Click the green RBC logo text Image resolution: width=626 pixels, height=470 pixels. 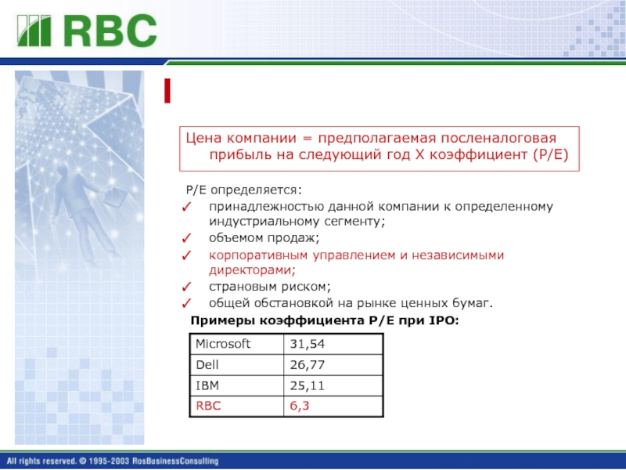[x=110, y=31]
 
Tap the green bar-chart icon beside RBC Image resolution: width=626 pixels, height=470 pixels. [x=34, y=31]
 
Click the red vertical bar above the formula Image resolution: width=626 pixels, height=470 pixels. [x=167, y=91]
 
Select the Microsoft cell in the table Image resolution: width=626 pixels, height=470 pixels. [x=223, y=344]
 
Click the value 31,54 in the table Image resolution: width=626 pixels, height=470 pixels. [x=308, y=344]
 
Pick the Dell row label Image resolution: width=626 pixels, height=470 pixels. [x=207, y=364]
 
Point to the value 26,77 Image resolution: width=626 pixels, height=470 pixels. [x=308, y=365]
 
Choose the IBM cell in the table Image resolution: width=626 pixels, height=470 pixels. [x=207, y=385]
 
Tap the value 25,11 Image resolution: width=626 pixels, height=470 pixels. [x=308, y=385]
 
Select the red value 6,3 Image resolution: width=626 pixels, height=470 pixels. [x=300, y=406]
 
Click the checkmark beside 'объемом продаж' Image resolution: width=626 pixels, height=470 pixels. [x=186, y=238]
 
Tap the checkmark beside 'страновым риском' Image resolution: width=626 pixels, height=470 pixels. [x=186, y=287]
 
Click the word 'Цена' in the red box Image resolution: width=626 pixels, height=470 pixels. [x=203, y=139]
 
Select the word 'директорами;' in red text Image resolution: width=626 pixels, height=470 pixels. [x=252, y=270]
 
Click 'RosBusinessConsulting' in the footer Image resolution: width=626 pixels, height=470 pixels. [x=175, y=461]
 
